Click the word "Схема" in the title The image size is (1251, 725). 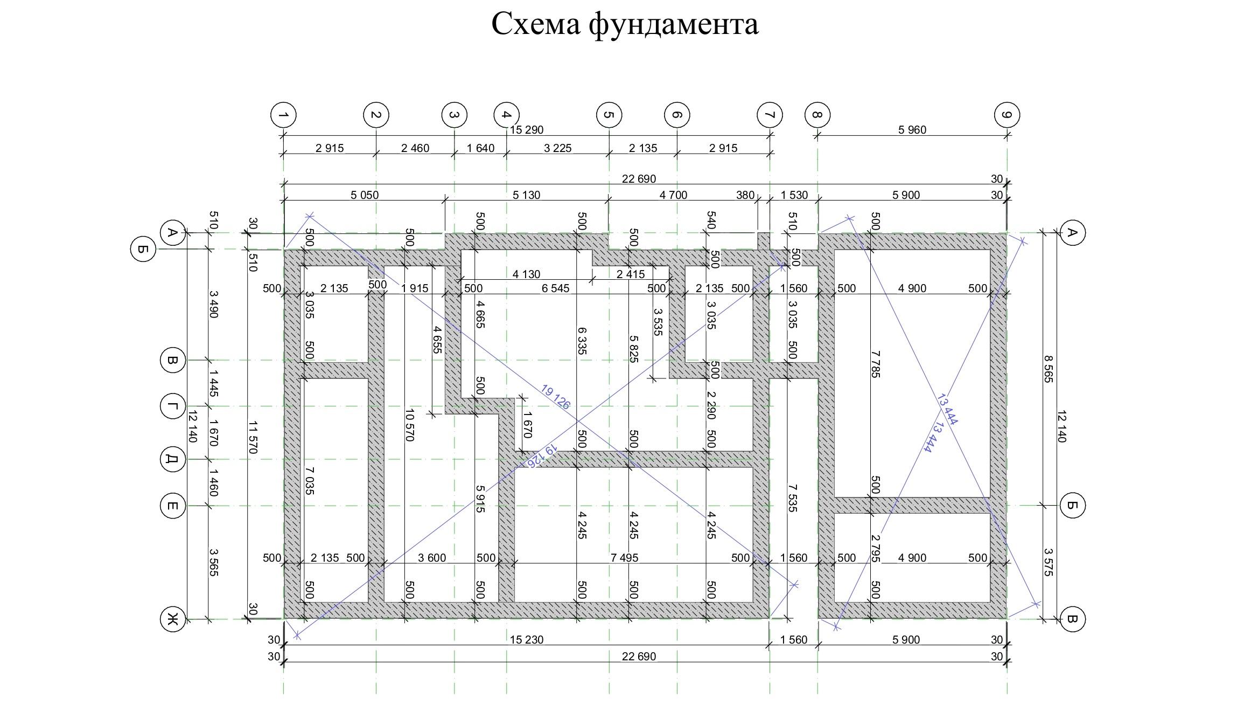click(535, 24)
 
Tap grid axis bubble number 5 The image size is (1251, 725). click(609, 115)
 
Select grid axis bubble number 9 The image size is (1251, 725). click(1007, 115)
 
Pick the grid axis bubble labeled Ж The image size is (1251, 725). click(173, 619)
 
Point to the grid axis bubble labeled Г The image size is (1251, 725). click(173, 406)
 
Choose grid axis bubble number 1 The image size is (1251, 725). click(283, 115)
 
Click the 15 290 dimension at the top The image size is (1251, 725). click(527, 130)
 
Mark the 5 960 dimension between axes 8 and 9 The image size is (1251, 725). click(912, 130)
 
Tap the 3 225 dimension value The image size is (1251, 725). click(557, 148)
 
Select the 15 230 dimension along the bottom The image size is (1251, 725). click(527, 640)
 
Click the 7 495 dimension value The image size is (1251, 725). click(625, 558)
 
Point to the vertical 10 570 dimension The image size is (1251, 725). click(409, 425)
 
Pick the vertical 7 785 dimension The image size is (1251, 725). click(875, 364)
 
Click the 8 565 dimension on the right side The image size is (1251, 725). click(1047, 369)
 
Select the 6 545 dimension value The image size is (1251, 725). click(556, 288)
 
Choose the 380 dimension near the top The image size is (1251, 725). click(745, 195)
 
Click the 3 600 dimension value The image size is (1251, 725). click(432, 558)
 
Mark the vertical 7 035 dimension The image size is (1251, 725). click(309, 481)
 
